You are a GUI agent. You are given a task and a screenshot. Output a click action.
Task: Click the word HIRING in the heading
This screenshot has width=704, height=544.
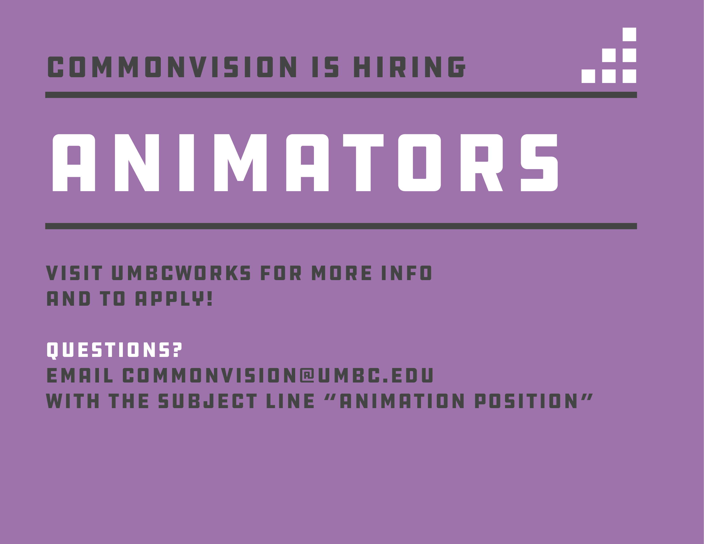tap(409, 67)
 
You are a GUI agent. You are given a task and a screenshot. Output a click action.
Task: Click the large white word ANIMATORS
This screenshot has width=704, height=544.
tap(305, 163)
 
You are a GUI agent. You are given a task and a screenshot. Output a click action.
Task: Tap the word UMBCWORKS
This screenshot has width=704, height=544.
tap(181, 273)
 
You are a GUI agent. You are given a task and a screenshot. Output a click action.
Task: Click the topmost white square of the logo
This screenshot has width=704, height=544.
tap(629, 35)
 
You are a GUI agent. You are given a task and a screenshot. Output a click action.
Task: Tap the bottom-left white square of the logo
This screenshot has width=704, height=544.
tap(588, 76)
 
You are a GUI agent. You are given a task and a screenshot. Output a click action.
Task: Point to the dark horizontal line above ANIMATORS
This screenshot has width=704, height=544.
tap(341, 95)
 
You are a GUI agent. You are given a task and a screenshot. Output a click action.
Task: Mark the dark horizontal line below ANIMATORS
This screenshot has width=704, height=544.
tap(341, 226)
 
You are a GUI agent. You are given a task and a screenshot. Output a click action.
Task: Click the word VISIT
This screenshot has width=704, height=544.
tap(74, 273)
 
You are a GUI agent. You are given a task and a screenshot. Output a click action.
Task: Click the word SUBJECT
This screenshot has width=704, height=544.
tap(208, 401)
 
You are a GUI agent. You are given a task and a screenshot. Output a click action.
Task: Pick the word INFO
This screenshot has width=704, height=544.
tap(406, 273)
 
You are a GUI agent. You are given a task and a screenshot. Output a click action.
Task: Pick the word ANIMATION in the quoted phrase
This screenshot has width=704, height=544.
tap(402, 401)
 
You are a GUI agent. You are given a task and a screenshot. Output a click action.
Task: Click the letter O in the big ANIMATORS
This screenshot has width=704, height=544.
tap(419, 163)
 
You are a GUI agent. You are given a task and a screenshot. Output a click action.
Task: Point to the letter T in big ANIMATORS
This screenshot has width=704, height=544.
tap(363, 163)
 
